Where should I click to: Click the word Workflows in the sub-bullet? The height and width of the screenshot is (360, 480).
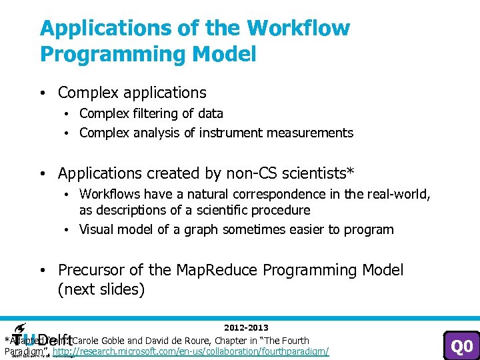[110, 194]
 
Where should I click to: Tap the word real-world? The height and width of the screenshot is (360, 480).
[399, 194]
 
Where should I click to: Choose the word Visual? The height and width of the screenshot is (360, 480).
[96, 229]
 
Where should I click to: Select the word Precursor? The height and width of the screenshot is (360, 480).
[90, 270]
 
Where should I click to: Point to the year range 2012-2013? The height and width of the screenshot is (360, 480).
[246, 327]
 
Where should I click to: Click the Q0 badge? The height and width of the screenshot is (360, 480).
[461, 346]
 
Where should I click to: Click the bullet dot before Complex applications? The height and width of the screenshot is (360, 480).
[43, 93]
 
